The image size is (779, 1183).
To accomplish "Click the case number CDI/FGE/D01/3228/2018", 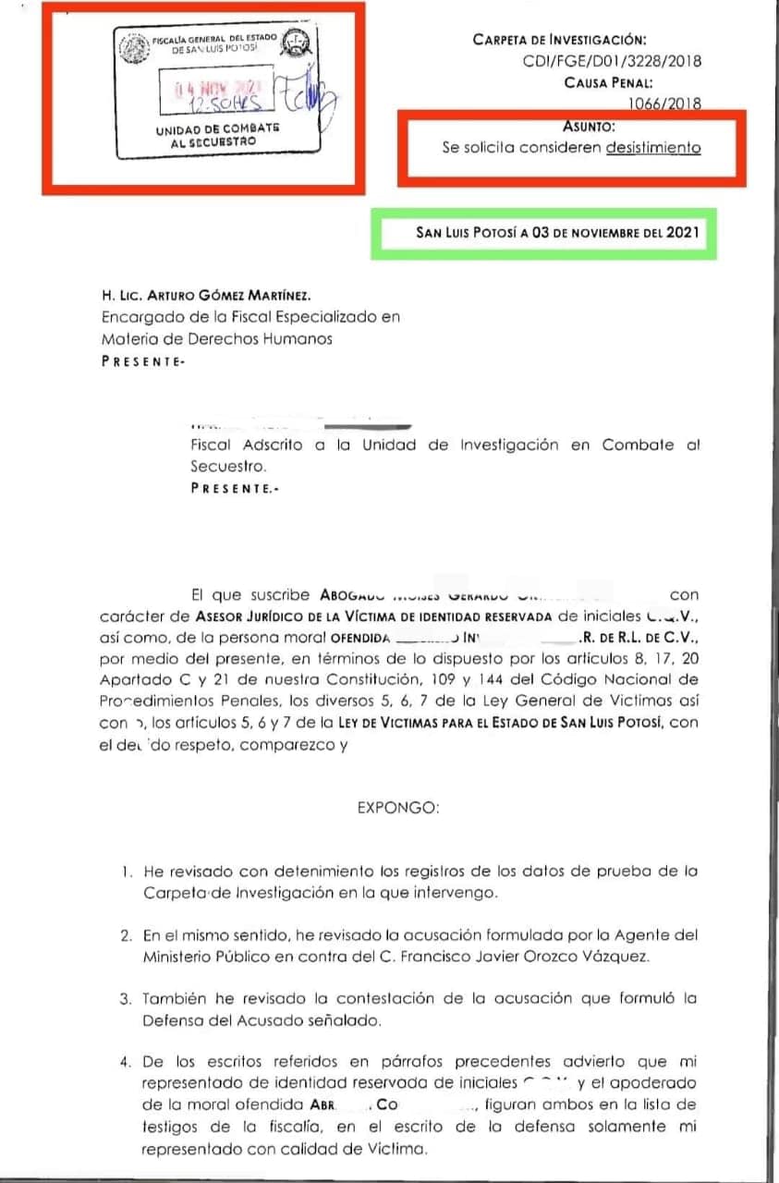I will (612, 61).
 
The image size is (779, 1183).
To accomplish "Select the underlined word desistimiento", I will (653, 147).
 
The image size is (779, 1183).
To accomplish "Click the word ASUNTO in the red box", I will (590, 127).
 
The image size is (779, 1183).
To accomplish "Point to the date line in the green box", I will (556, 233).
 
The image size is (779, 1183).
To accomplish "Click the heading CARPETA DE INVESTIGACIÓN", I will (559, 40).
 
